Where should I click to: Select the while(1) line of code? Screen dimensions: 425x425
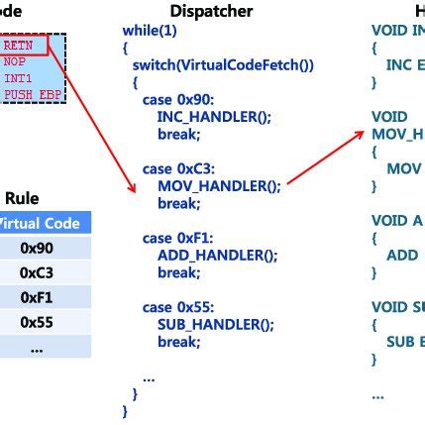146,32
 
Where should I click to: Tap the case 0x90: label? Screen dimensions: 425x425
176,101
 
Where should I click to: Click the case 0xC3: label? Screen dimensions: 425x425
176,168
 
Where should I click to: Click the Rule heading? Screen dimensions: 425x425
22,198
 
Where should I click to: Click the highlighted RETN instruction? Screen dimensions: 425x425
20,46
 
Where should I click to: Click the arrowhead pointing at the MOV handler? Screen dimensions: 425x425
358,133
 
